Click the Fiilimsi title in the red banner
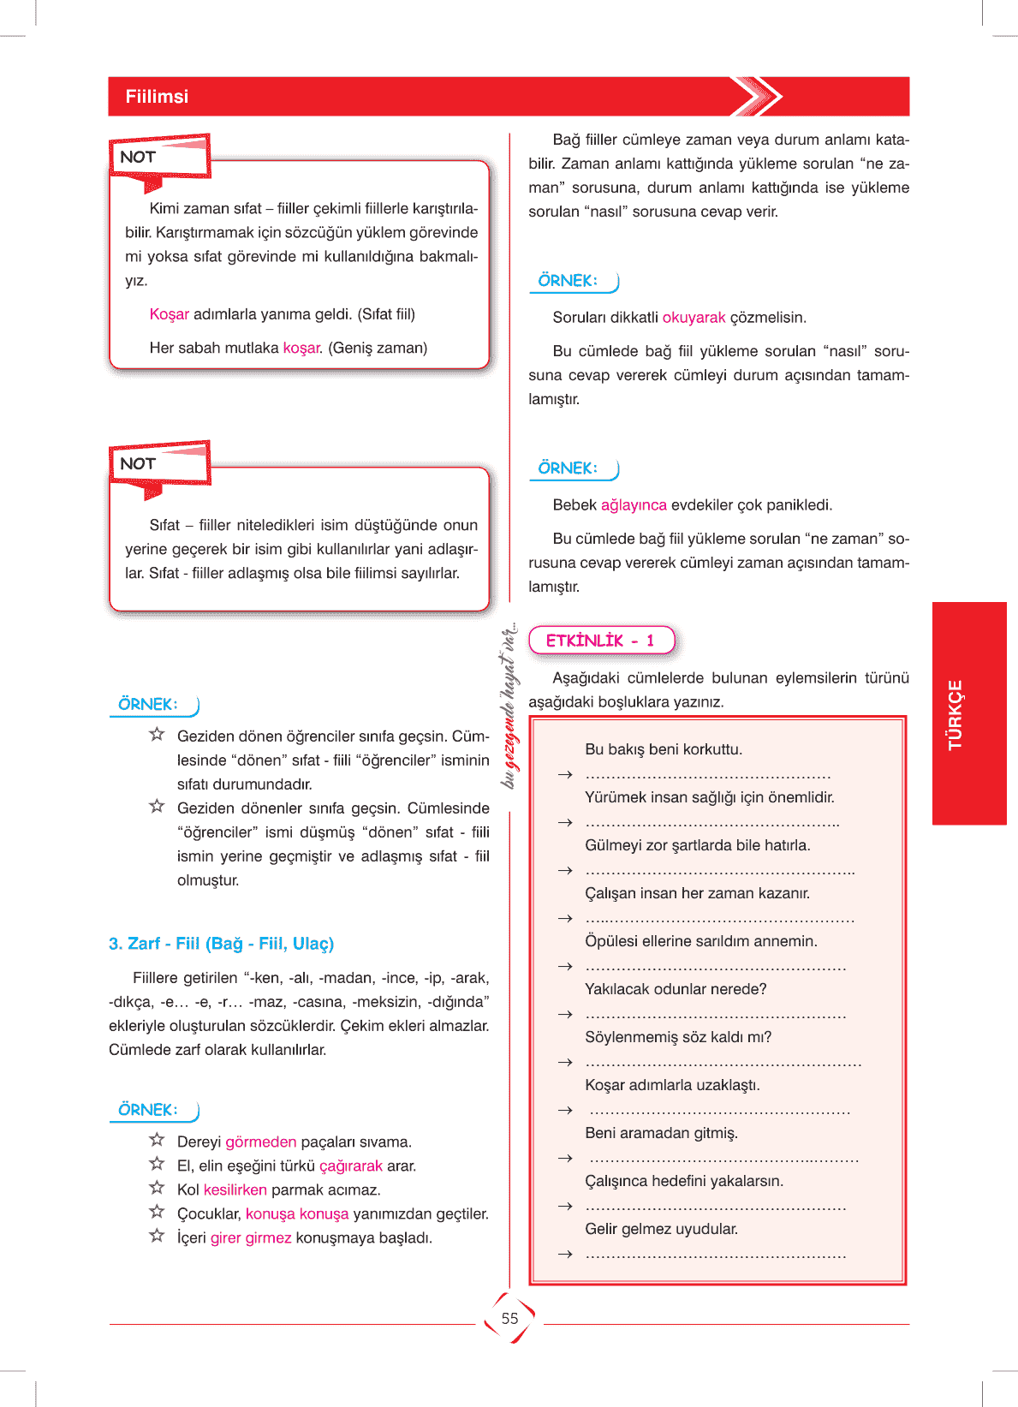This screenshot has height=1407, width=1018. coord(157,97)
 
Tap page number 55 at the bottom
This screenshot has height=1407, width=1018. coord(509,1319)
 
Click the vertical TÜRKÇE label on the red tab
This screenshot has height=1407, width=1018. coord(955,714)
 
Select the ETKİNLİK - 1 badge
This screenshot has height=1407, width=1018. coord(601,641)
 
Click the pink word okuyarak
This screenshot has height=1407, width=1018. coord(694,318)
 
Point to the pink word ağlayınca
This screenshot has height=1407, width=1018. coord(634,505)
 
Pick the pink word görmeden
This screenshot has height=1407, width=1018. coord(260,1142)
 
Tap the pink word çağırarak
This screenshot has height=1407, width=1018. coord(350,1166)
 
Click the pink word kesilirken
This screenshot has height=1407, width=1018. coord(235,1190)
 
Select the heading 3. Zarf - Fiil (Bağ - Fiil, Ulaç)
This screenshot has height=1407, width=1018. coord(221,944)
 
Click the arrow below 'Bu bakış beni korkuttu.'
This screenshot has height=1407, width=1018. coord(564,775)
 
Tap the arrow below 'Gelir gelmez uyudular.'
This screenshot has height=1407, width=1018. coord(564,1255)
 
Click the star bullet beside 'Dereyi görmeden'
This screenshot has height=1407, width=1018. coord(157,1140)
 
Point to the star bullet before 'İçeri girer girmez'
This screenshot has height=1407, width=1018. coord(157,1236)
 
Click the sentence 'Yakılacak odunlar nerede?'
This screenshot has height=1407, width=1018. coord(676,989)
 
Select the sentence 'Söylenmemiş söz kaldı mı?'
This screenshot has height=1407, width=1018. coord(678,1037)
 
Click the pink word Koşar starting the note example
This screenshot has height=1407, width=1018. coord(169,314)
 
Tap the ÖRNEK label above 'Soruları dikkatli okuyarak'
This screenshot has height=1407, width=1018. coord(568,281)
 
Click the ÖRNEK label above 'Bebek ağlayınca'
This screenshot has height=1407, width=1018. coord(568,468)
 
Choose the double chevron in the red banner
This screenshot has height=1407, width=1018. coord(757,96)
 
